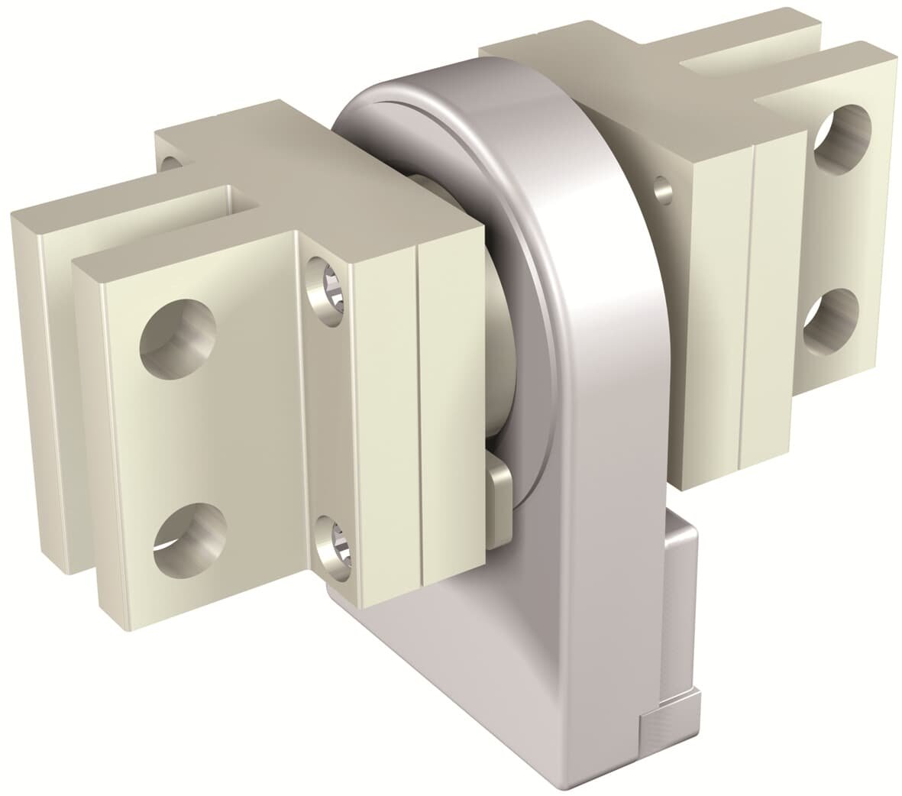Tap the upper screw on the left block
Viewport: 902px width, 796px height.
coord(324,283)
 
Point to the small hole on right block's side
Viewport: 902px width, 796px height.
coord(662,186)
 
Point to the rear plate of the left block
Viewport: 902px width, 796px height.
coord(46,382)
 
